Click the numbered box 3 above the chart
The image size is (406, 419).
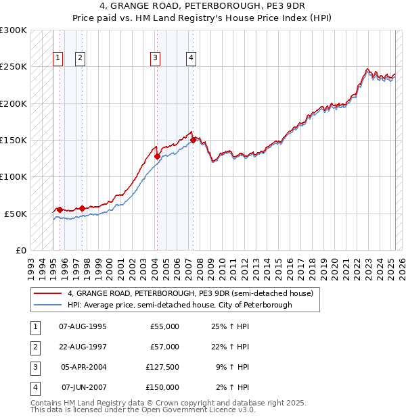pos(155,58)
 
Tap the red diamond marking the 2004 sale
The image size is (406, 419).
pos(157,156)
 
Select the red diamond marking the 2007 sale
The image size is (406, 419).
pos(194,140)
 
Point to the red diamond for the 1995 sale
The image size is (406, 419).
pos(60,209)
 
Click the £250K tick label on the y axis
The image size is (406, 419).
pos(14,67)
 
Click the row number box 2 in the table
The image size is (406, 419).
pos(35,347)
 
